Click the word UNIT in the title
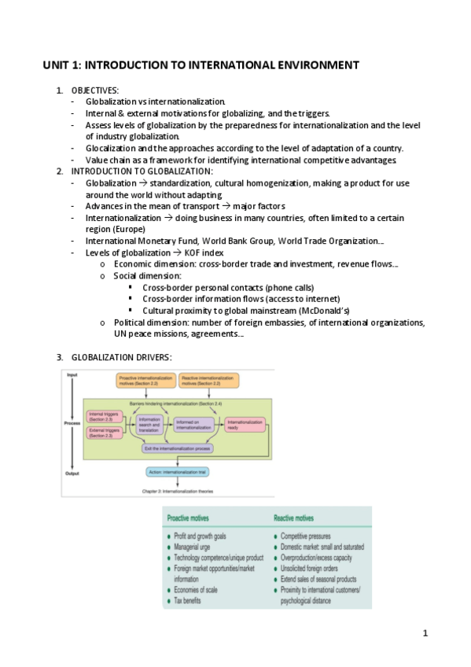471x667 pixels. (57, 65)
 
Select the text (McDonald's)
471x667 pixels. (307, 310)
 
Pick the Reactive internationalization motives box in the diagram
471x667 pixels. (209, 381)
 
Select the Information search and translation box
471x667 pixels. (149, 426)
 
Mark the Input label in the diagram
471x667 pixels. (72, 375)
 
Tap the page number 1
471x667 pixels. (425, 632)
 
